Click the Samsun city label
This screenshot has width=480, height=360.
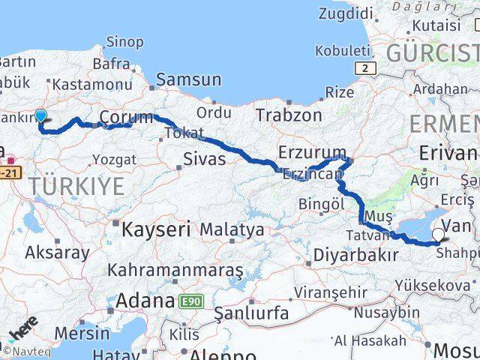tap(188, 79)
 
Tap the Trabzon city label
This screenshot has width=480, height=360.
tap(289, 115)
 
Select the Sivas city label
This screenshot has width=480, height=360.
tap(205, 158)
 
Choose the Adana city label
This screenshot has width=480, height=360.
tap(142, 301)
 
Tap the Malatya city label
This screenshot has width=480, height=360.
tap(232, 229)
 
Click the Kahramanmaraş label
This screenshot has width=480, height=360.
tap(176, 268)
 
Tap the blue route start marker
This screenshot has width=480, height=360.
tap(40, 116)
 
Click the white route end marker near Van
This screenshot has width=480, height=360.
tap(438, 235)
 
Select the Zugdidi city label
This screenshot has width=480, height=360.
tap(346, 13)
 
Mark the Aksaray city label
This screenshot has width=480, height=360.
tap(57, 252)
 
